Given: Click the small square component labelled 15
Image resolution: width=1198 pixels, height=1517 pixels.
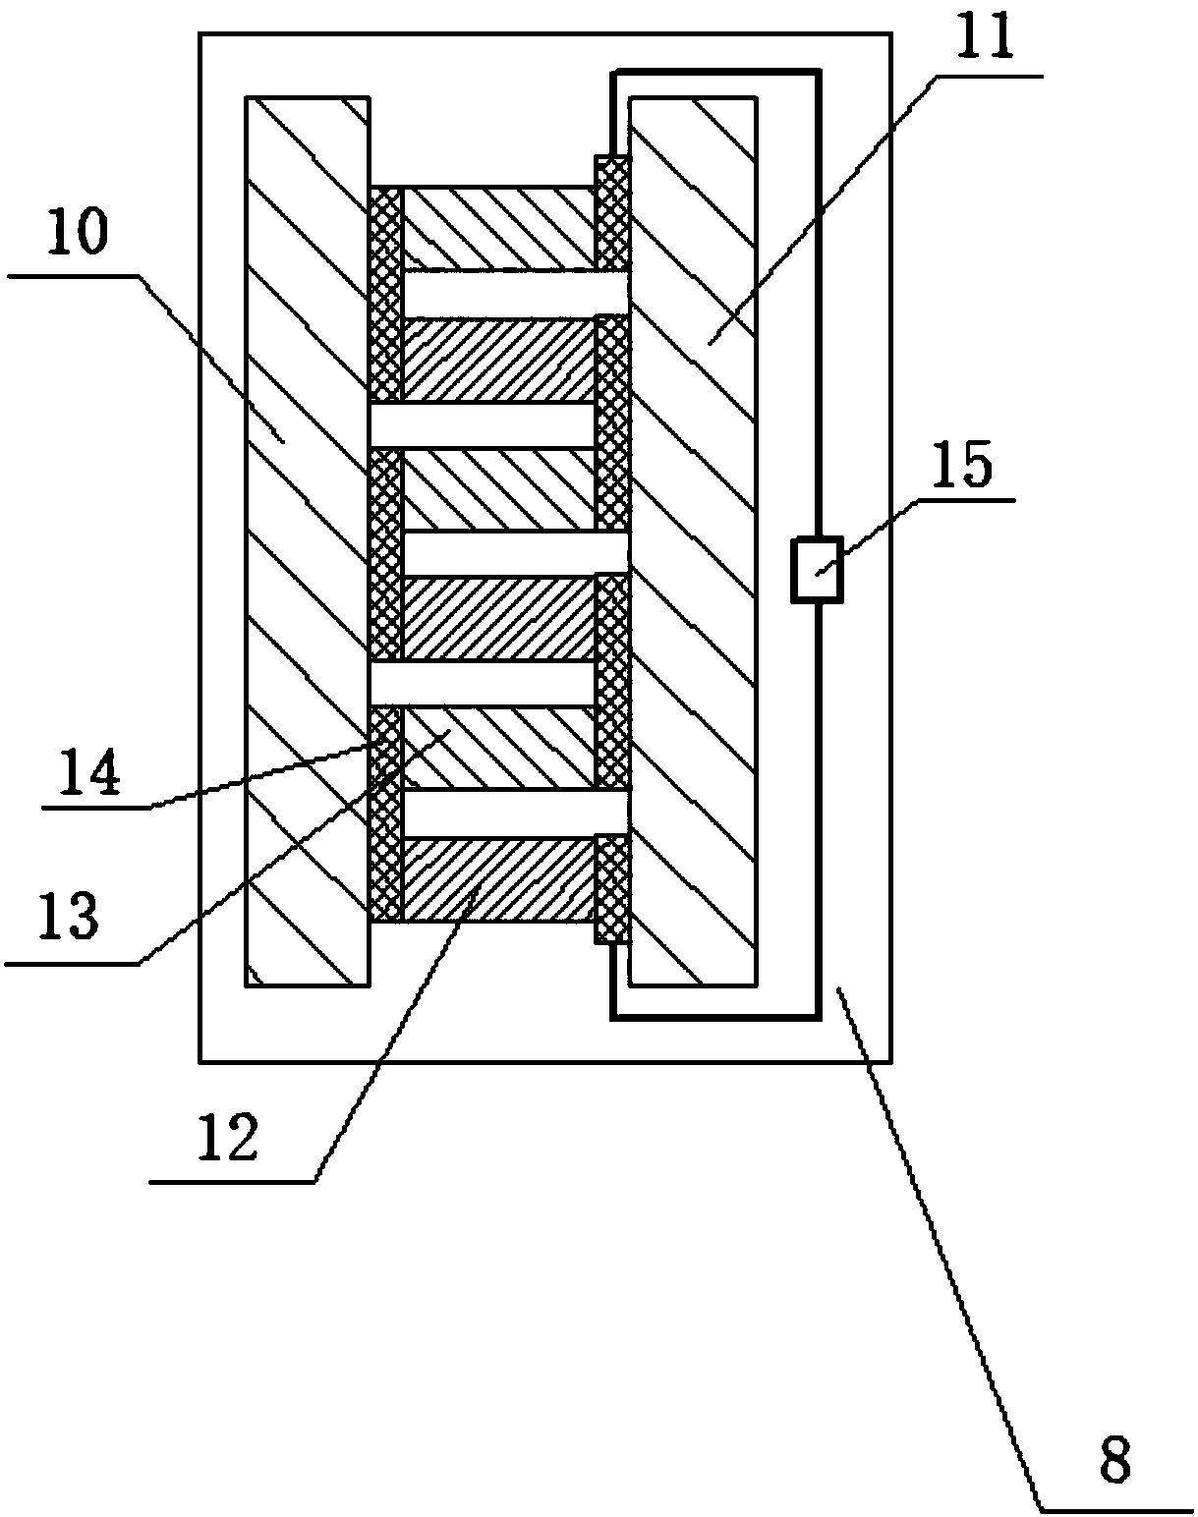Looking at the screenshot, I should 818,569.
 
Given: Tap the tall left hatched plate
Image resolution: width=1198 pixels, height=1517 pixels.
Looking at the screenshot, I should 308,540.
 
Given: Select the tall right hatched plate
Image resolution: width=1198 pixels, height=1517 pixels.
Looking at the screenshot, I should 693,540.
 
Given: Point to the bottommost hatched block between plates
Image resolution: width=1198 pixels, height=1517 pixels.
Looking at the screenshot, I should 499,879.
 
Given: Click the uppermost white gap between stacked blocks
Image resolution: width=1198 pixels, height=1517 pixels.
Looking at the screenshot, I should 515,293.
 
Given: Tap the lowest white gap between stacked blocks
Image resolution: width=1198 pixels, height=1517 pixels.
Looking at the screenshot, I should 515,813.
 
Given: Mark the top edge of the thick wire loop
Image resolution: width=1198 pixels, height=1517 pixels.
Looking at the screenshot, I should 715,72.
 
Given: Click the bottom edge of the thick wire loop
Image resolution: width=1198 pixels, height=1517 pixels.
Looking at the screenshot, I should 715,1015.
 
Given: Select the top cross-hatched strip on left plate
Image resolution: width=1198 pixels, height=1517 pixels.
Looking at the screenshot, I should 385,293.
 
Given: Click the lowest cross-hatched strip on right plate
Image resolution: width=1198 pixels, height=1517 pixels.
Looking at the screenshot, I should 611,888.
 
